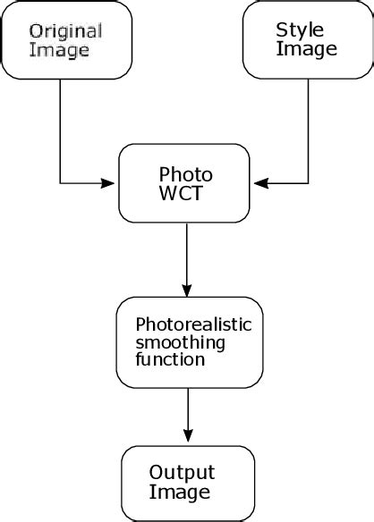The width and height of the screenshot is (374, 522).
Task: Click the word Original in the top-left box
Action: tap(65, 31)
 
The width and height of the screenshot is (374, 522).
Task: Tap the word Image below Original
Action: tap(59, 49)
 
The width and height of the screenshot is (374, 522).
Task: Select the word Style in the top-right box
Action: tap(300, 30)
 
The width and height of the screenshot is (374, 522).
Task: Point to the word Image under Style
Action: tap(306, 48)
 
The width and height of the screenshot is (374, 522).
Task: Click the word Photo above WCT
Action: tap(186, 173)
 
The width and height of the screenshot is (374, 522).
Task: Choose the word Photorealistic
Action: tap(193, 324)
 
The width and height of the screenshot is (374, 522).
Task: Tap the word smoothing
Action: tap(180, 342)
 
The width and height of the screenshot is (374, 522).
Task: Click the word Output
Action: tap(182, 473)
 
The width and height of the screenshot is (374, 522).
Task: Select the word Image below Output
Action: tap(179, 492)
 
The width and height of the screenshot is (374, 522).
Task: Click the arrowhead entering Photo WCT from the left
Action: tap(110, 183)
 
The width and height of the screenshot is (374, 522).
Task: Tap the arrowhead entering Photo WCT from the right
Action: tap(259, 183)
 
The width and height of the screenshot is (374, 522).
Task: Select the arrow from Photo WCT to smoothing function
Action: tap(186, 259)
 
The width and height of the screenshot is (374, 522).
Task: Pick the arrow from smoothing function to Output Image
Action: tap(188, 416)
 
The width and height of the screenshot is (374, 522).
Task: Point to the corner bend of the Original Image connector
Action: tap(60, 183)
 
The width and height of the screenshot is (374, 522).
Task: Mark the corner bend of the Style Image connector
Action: tap(310, 183)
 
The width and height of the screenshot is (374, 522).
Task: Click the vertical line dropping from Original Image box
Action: tap(60, 130)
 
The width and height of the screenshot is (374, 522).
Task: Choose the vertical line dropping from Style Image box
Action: tap(310, 130)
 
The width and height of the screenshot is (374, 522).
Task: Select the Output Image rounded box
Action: tap(188, 483)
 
